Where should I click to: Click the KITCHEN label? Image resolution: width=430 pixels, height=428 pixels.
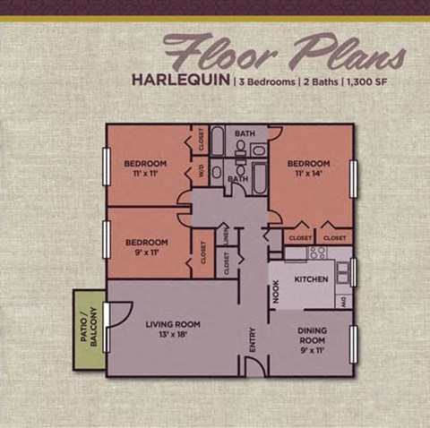coord(311,279)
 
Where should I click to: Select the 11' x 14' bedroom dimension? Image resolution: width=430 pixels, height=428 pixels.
coord(309,173)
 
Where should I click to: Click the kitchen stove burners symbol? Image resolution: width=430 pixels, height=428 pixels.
coord(317,253)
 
